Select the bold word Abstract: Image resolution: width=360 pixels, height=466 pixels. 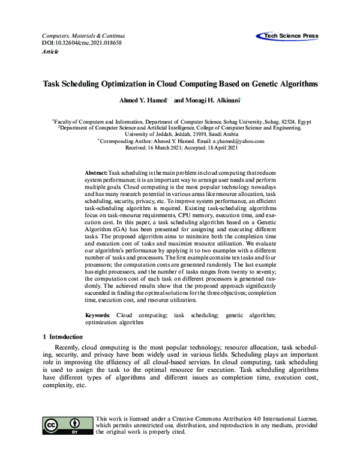[x=96, y=172]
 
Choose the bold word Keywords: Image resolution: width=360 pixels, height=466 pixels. [x=97, y=315]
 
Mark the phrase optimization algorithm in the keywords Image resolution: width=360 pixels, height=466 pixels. [x=115, y=322]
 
